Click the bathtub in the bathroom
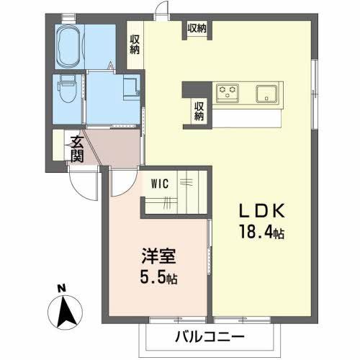pos(68,42)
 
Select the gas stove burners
pos(229,92)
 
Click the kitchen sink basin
pos(267,93)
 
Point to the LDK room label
pos(264,211)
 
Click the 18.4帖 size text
pos(264,232)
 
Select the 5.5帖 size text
pos(156,277)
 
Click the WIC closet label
pos(159,184)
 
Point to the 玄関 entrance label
pos(76,149)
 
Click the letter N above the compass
pos(62,289)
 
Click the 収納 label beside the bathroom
pos(135,45)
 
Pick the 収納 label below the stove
pos(198,110)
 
